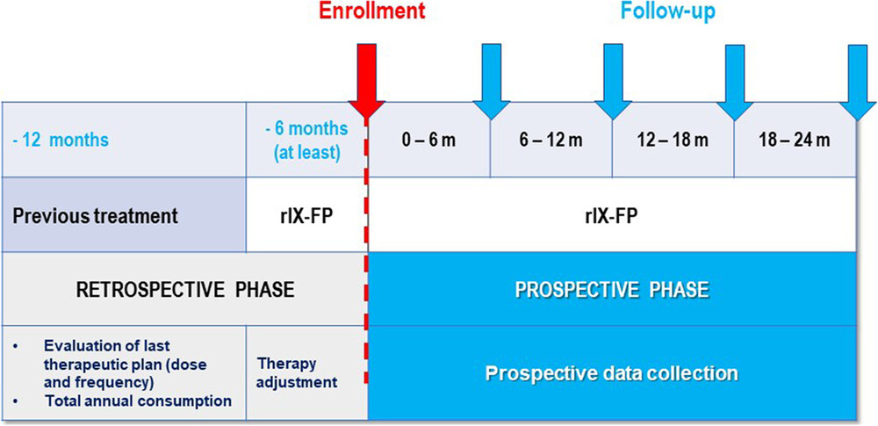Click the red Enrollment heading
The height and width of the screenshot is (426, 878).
coord(367,11)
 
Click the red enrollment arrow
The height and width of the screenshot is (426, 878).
coord(367,82)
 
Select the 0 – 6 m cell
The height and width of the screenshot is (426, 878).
coord(429,140)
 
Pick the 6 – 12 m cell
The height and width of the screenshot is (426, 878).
coord(551,140)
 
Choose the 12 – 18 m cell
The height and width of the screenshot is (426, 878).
coord(673,140)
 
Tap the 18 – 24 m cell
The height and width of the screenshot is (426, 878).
coord(795,140)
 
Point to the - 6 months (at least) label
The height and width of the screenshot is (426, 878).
coord(306,141)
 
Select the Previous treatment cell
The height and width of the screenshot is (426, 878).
coord(123,214)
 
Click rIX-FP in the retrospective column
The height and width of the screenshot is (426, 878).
coord(306,215)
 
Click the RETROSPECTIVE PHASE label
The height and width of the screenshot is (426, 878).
coord(184,290)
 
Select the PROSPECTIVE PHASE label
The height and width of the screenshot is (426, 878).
coord(612,290)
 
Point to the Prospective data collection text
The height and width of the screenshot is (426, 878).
coord(612,372)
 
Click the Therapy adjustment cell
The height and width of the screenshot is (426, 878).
coord(298,372)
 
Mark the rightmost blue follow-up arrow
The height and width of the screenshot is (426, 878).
coord(857,83)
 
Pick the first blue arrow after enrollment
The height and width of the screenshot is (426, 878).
coord(492,83)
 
